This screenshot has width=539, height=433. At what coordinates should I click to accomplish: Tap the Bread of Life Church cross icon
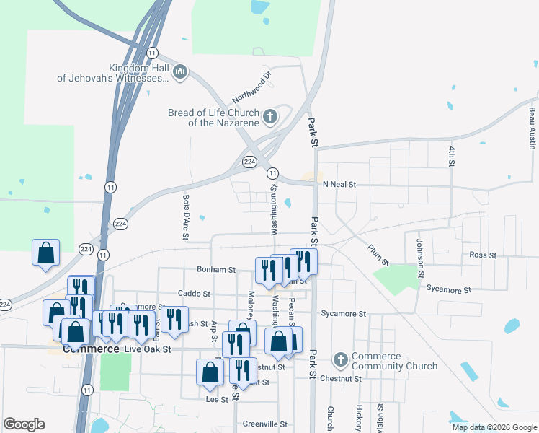(x=269, y=116)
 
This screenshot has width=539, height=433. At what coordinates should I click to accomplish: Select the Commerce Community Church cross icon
(x=340, y=359)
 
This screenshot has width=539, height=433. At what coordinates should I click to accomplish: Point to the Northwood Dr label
(x=251, y=87)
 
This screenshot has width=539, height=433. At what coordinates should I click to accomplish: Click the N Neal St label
(x=339, y=185)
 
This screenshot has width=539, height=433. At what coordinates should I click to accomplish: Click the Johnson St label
(x=419, y=258)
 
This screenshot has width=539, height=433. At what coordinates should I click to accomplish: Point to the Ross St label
(x=483, y=255)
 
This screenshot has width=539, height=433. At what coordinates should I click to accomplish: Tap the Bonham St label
(x=216, y=270)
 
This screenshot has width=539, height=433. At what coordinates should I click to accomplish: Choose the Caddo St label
(x=194, y=294)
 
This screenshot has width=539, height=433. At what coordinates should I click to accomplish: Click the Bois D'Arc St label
(x=185, y=216)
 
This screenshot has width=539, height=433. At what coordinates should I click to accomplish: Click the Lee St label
(x=212, y=398)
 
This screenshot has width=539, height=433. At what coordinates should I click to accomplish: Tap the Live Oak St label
(x=147, y=349)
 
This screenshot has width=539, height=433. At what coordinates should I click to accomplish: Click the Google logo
(x=24, y=424)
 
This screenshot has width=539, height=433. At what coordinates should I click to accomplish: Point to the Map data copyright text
(x=494, y=427)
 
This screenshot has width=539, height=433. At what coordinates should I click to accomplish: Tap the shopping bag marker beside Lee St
(x=210, y=372)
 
